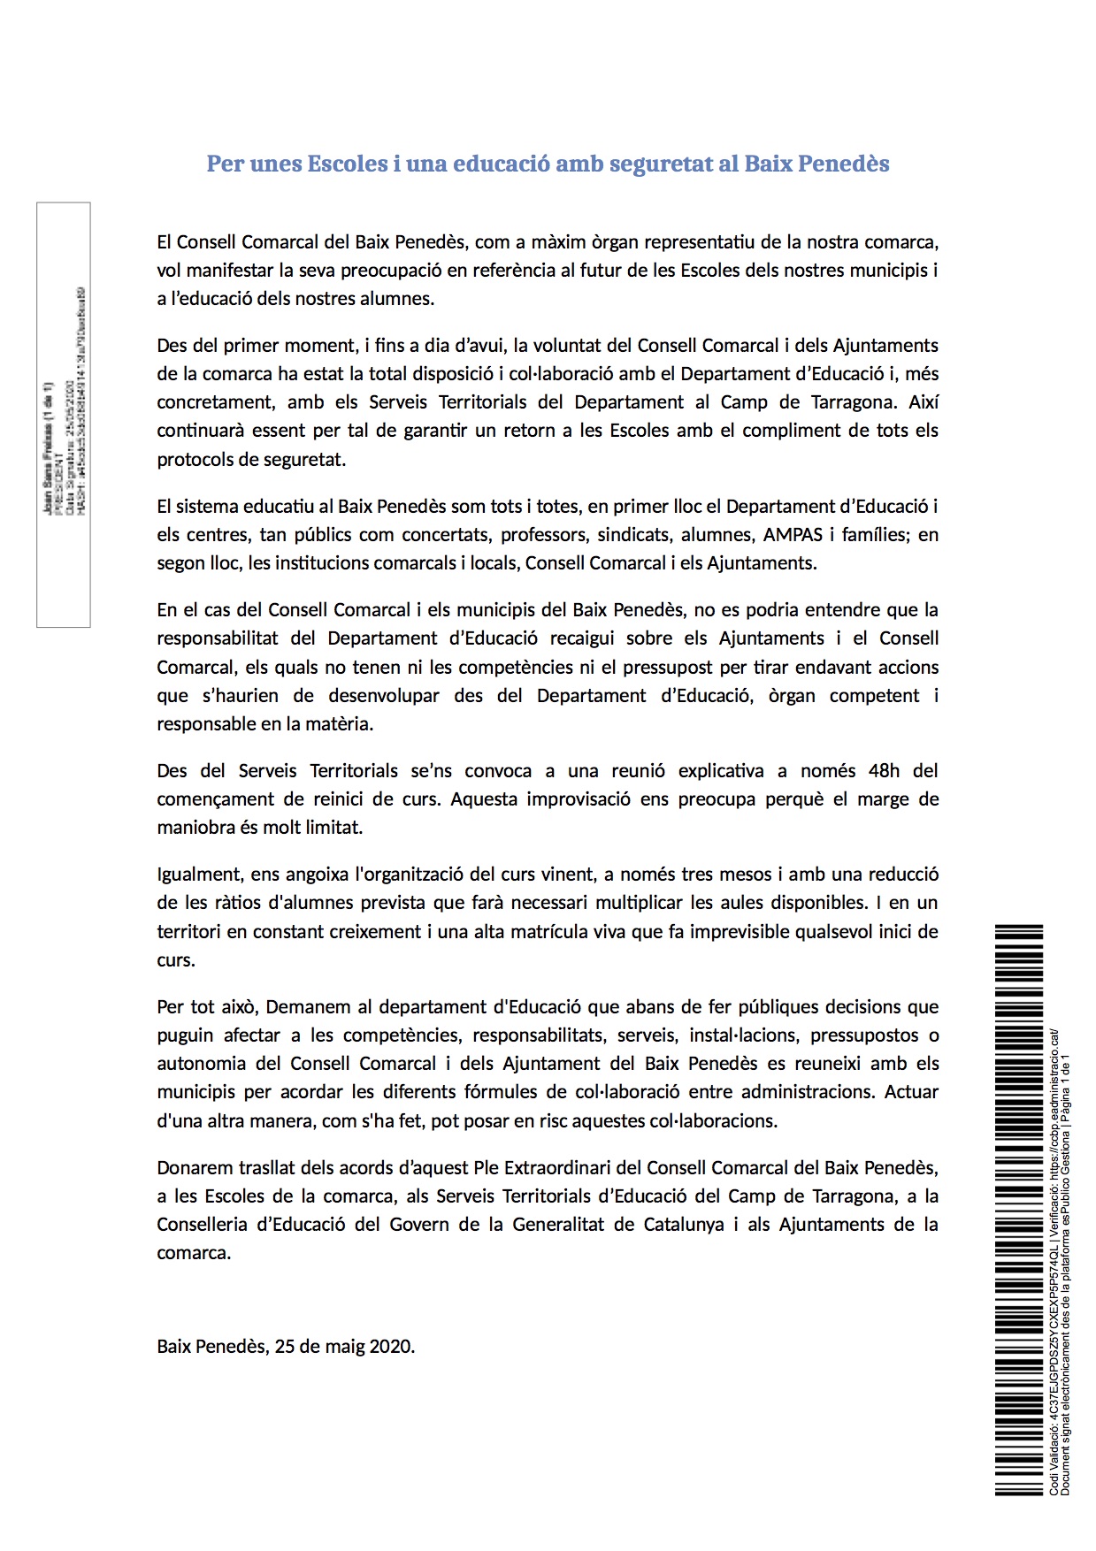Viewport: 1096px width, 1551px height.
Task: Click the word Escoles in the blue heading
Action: pos(347,164)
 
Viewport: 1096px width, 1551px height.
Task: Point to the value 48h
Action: pos(884,771)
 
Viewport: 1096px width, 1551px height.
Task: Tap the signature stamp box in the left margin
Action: pos(63,415)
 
